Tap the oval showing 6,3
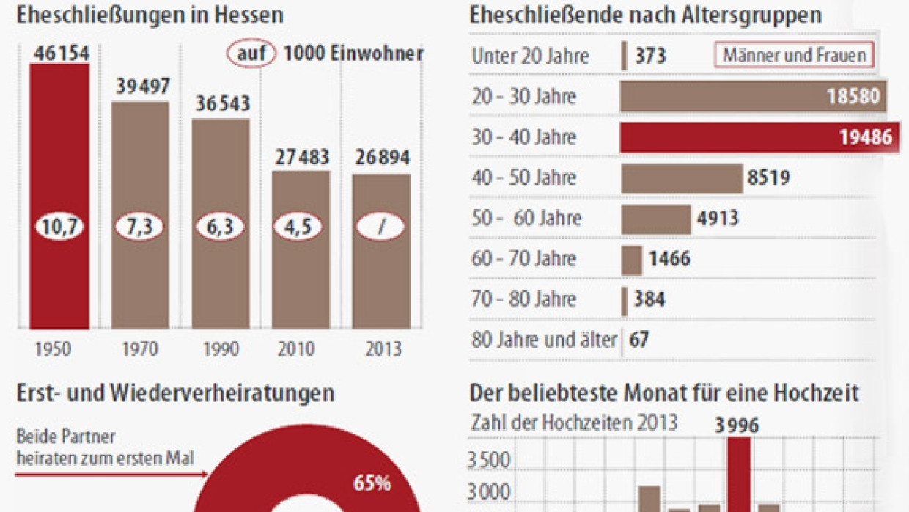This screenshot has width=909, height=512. [x=220, y=227]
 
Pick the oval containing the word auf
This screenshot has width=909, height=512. [x=251, y=54]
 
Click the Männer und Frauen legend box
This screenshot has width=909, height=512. [x=794, y=55]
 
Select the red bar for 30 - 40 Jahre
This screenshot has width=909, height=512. [x=755, y=137]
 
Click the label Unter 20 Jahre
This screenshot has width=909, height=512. [x=530, y=56]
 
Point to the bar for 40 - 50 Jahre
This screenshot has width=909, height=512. [x=681, y=178]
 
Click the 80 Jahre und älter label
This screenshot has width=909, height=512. [x=544, y=340]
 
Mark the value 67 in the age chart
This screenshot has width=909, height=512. [x=639, y=340]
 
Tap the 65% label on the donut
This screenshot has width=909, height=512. [x=372, y=483]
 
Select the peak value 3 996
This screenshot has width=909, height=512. [x=737, y=425]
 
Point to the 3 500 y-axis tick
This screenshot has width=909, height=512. [x=489, y=461]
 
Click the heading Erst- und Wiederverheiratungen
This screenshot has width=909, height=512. [x=175, y=393]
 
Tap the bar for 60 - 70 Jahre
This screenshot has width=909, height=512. [x=631, y=260]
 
